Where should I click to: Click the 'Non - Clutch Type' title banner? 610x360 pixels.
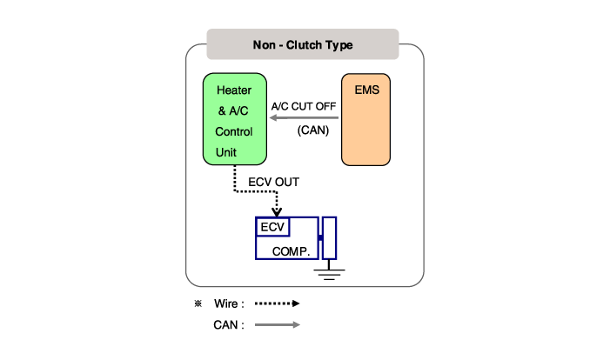(x=302, y=44)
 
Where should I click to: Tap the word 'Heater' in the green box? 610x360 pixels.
(x=234, y=90)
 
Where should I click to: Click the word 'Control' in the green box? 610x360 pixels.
(x=234, y=131)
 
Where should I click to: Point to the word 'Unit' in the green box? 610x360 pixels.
(x=227, y=152)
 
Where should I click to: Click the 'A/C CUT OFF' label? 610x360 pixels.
(x=304, y=108)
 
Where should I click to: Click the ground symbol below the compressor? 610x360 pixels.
(x=328, y=274)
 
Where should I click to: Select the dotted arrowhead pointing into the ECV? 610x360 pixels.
(x=277, y=211)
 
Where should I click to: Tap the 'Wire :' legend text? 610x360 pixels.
(x=229, y=304)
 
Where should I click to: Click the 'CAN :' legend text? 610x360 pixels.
(x=229, y=325)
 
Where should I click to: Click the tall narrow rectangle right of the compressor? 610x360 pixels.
(x=329, y=237)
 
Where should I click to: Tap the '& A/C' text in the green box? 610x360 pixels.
(x=233, y=110)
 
